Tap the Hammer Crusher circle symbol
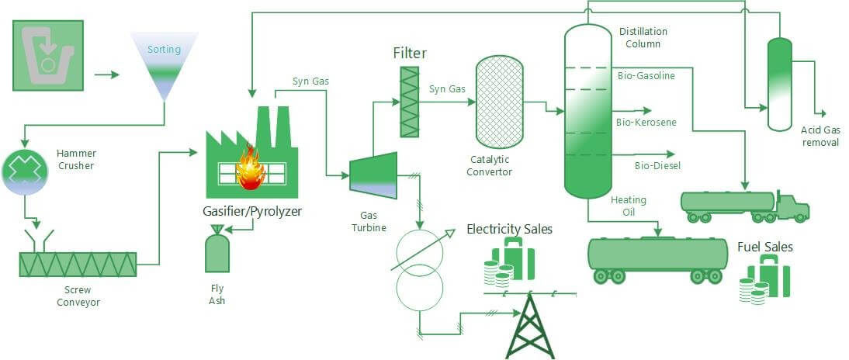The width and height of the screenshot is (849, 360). click(25, 171)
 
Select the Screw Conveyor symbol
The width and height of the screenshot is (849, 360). click(78, 265)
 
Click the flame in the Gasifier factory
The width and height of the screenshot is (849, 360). click(250, 168)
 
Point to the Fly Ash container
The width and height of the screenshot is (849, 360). click(217, 252)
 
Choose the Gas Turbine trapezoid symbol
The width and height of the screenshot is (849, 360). click(373, 173)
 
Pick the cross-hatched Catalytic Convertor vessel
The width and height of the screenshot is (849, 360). click(498, 102)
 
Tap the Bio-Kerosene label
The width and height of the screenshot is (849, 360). click(646, 123)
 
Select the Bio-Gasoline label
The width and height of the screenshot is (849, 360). click(646, 76)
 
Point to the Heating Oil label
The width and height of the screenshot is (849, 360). click(628, 206)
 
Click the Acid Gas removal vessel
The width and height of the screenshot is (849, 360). click(779, 84)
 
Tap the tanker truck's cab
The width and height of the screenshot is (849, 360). click(792, 206)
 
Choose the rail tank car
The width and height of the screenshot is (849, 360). click(657, 255)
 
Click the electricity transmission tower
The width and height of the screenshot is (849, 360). click(530, 325)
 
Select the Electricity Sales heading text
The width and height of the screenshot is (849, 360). click(509, 229)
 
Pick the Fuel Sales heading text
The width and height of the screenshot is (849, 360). click(765, 247)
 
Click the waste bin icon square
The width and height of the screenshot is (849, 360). click(47, 57)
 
